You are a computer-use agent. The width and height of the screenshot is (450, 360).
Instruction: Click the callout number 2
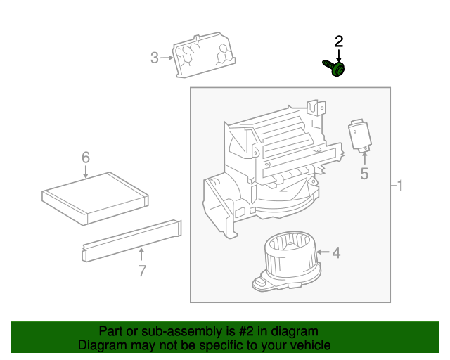click(339, 41)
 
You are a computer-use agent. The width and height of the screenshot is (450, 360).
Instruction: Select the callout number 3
click(155, 58)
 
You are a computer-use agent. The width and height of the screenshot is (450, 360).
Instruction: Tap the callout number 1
click(400, 186)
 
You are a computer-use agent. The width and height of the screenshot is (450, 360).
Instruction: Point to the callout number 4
click(336, 252)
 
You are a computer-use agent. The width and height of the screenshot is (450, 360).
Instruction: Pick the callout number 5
click(364, 174)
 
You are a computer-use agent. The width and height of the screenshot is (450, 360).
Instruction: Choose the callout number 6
click(86, 157)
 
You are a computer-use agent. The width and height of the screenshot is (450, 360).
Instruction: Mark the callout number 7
click(142, 271)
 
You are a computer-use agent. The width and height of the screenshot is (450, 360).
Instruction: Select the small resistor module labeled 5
click(361, 136)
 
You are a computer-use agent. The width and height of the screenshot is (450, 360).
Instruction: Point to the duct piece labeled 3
click(205, 55)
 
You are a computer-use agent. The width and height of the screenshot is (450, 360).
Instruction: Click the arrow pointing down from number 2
click(339, 55)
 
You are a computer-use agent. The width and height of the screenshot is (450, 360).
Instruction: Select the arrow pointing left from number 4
click(321, 252)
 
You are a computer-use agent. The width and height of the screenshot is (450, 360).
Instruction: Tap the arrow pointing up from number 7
click(142, 254)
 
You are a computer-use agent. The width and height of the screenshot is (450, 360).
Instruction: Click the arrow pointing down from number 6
click(86, 172)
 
